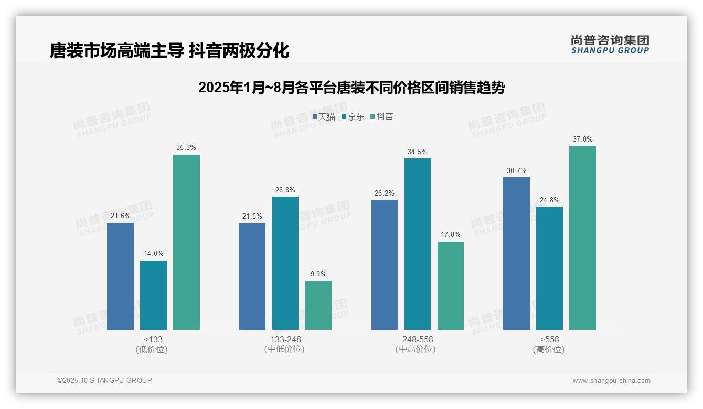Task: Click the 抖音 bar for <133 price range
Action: [x=186, y=242]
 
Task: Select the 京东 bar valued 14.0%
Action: [x=153, y=295]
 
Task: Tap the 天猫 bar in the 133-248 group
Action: [x=252, y=276]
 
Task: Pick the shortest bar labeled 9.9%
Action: [x=318, y=305]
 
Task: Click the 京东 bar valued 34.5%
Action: [x=418, y=244]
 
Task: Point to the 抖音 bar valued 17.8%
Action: [x=451, y=286]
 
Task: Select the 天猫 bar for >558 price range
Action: [x=516, y=253]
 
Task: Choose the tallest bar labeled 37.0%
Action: [x=582, y=238]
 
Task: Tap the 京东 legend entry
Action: [x=353, y=116]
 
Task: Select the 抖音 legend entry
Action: [x=382, y=116]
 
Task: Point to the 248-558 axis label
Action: [x=418, y=339]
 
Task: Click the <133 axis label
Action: [x=153, y=339]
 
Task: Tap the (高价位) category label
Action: [x=549, y=350]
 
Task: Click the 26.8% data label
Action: [x=285, y=190]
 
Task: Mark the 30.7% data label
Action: [x=517, y=171]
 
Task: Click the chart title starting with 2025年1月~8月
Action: [x=351, y=88]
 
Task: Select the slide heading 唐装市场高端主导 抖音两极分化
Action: [x=169, y=51]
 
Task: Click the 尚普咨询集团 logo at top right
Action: [x=610, y=44]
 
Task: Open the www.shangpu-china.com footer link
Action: [x=611, y=381]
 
